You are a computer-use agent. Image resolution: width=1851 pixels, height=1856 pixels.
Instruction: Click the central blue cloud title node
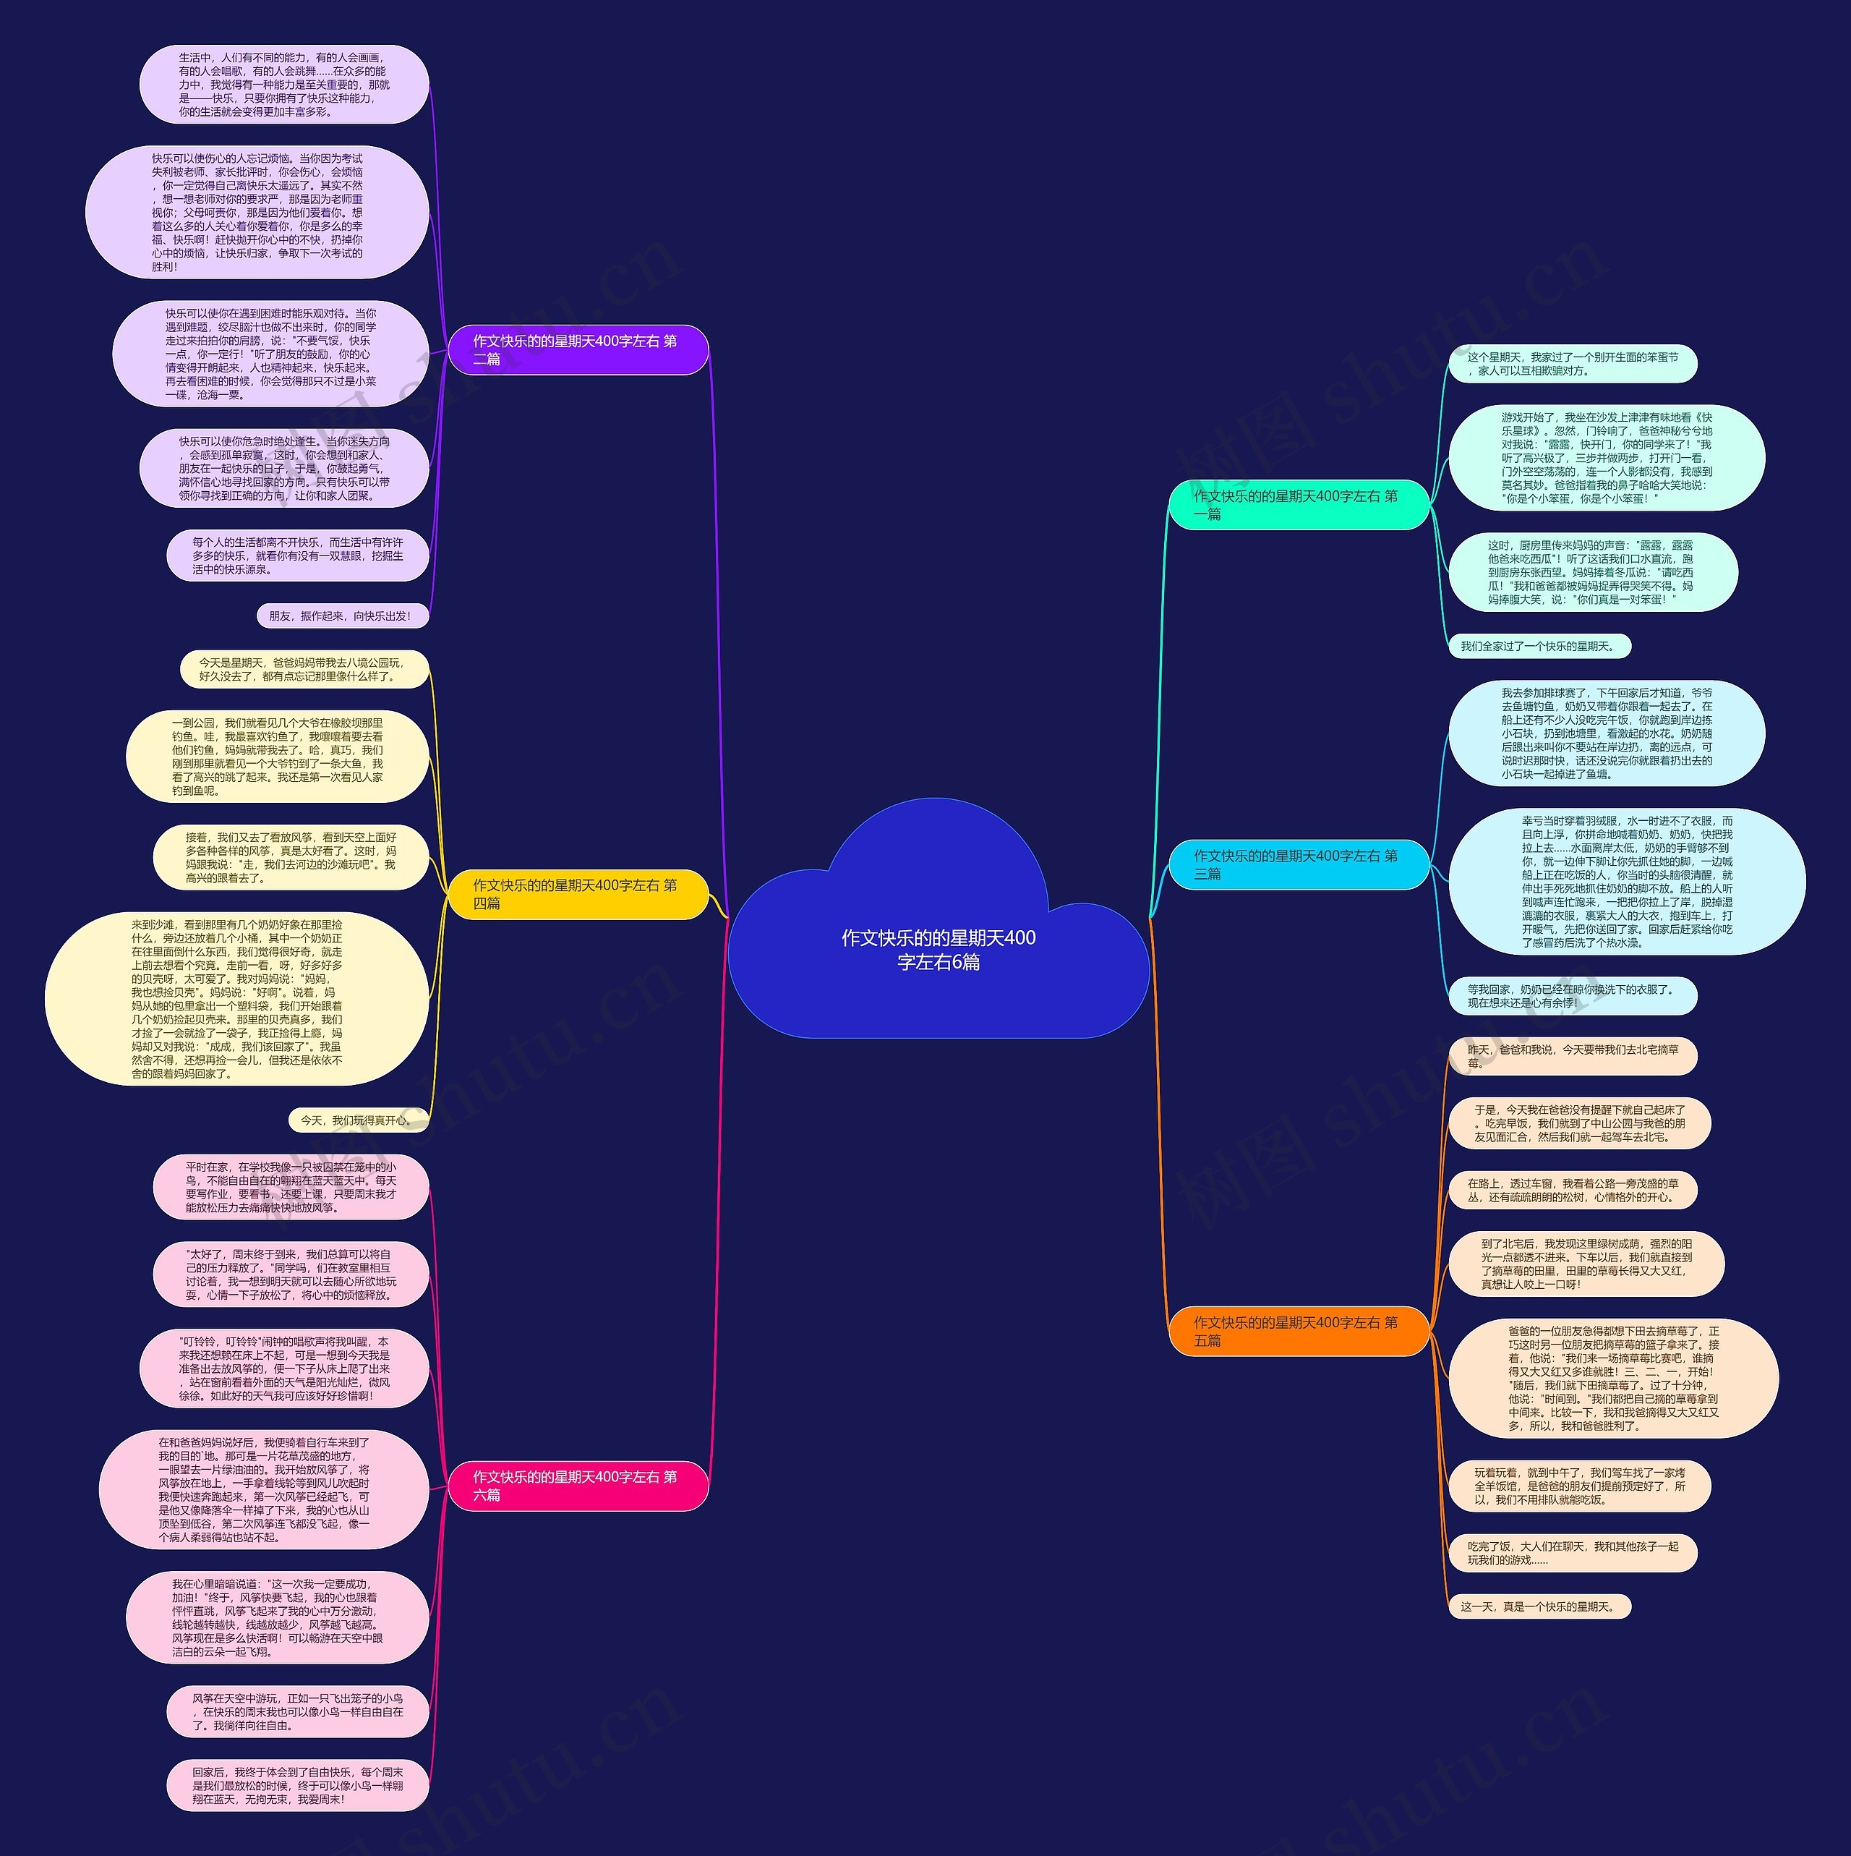938,949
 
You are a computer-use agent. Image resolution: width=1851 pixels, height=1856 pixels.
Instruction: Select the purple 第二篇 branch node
577,349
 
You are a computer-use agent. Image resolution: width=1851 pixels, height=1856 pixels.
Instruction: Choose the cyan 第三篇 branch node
1298,864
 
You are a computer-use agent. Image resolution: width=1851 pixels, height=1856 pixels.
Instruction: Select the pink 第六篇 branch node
577,1485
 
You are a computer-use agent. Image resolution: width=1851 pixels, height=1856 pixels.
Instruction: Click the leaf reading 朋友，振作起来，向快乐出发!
341,616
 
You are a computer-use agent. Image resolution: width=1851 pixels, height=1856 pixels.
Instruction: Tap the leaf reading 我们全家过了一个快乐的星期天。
1539,647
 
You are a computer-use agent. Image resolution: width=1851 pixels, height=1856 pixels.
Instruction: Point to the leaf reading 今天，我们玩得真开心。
357,1120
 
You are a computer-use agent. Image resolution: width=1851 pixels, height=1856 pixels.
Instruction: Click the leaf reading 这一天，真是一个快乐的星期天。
1539,1606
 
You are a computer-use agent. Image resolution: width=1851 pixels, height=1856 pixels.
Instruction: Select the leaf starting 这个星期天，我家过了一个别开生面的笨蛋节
1573,364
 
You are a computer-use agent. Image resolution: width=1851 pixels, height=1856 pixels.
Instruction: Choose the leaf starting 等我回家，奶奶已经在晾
1573,996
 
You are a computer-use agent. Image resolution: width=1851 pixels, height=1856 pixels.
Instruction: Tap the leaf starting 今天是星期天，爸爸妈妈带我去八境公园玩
304,670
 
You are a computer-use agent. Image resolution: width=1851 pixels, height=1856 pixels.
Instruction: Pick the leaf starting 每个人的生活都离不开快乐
298,556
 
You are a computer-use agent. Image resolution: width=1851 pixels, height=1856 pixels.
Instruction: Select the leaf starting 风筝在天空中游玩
298,1712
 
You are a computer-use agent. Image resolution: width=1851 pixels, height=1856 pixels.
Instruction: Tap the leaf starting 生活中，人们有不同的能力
284,85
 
